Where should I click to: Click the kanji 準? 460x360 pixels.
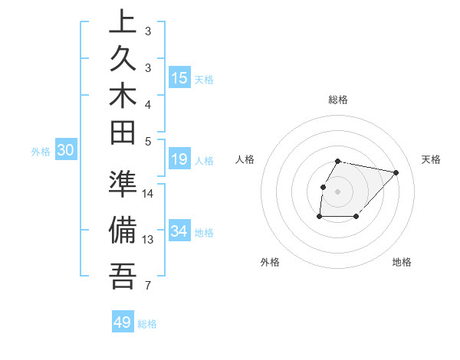pos(123,185)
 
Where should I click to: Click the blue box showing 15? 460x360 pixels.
pos(179,78)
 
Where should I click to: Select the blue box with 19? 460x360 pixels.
pos(179,159)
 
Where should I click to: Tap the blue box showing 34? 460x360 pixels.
pos(179,231)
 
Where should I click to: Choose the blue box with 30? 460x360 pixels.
pos(66,151)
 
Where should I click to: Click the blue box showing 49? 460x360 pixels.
pos(123,322)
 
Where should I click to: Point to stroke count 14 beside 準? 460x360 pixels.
pos(148,193)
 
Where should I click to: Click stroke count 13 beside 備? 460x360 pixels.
pos(148,240)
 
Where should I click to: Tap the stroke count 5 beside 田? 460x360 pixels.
pos(148,141)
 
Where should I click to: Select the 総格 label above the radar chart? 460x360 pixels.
pos(338,100)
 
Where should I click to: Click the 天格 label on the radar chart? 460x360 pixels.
pos(431,159)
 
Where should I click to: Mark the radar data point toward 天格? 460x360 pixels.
pos(396,172)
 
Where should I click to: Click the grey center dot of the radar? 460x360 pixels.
pos(338,191)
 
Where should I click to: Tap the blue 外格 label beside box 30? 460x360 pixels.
pos(41,152)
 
